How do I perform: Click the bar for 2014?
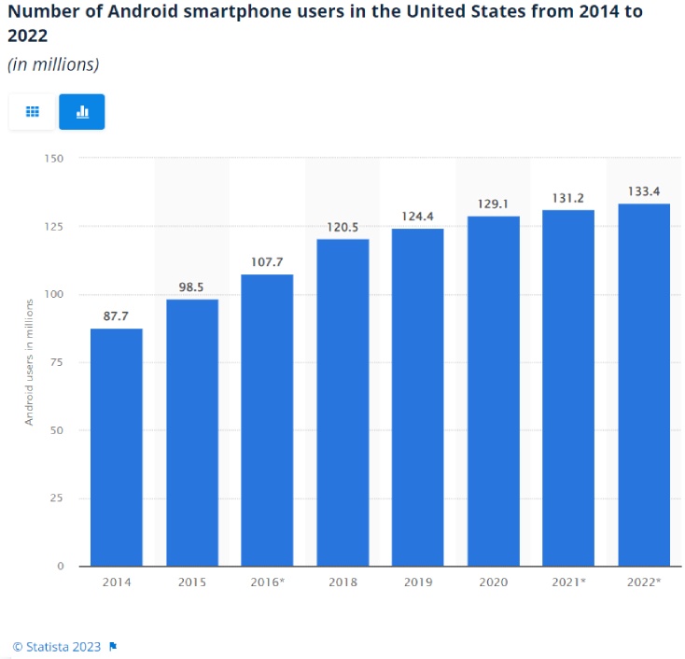(x=117, y=447)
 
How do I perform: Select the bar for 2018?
(x=342, y=402)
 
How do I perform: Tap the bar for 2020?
(x=493, y=391)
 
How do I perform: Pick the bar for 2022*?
(x=644, y=385)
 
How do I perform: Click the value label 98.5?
(x=191, y=287)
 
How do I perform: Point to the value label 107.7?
(x=267, y=262)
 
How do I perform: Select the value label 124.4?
(x=417, y=217)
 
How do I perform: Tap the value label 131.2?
(x=568, y=198)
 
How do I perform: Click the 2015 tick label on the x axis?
(x=191, y=582)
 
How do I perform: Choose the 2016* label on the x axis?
(x=267, y=582)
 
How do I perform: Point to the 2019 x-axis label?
(x=417, y=582)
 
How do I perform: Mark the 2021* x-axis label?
(x=568, y=582)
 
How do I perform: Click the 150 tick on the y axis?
(x=53, y=158)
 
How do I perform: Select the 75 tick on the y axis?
(x=57, y=362)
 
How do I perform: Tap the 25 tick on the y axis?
(x=57, y=498)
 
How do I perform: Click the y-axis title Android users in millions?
(x=29, y=362)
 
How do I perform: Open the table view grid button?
(x=33, y=112)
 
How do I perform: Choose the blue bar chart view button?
(x=82, y=112)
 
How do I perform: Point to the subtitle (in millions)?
(x=53, y=64)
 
